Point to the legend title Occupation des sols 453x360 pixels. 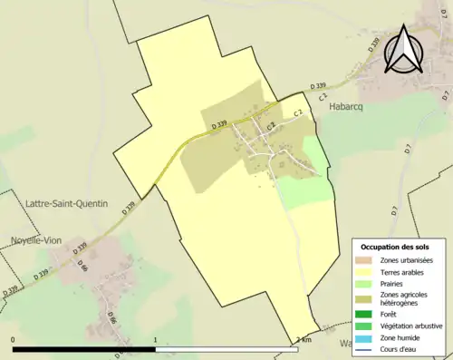(x=395, y=247)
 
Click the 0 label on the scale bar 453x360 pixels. (x=14, y=339)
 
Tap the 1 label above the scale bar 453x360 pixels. (x=157, y=339)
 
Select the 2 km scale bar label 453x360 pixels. (x=304, y=339)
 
